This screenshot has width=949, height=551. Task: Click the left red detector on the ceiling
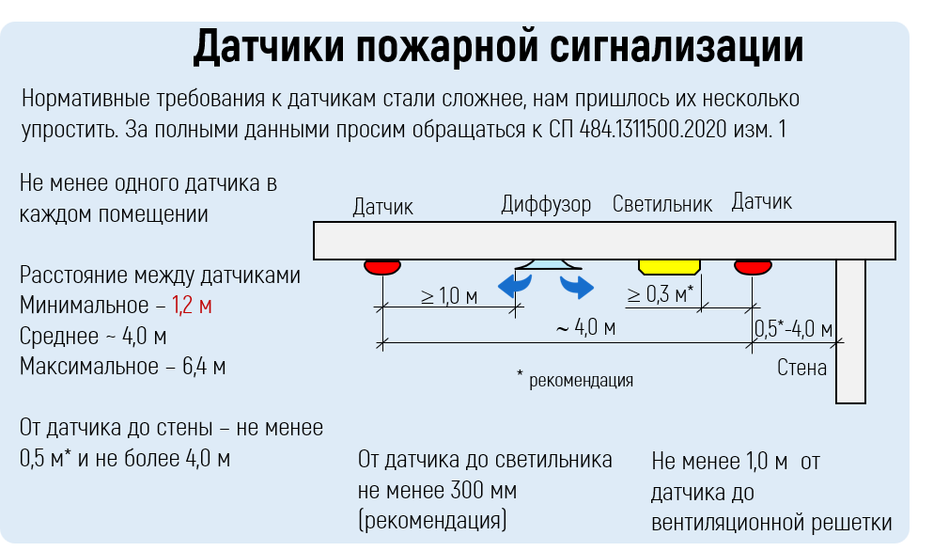[x=382, y=267]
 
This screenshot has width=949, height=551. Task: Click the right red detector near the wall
[x=754, y=267]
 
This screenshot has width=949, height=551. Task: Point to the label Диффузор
[x=546, y=204]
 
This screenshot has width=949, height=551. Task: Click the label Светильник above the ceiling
[x=661, y=203]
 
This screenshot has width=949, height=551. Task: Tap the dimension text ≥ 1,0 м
[x=448, y=296]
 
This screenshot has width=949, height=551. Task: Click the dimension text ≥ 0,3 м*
[x=661, y=294]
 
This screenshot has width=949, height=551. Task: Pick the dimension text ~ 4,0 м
[x=584, y=327]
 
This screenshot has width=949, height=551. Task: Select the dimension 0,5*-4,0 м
[x=794, y=328]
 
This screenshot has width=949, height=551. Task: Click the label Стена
[x=801, y=367]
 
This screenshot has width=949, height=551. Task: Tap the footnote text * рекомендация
[x=575, y=381]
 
